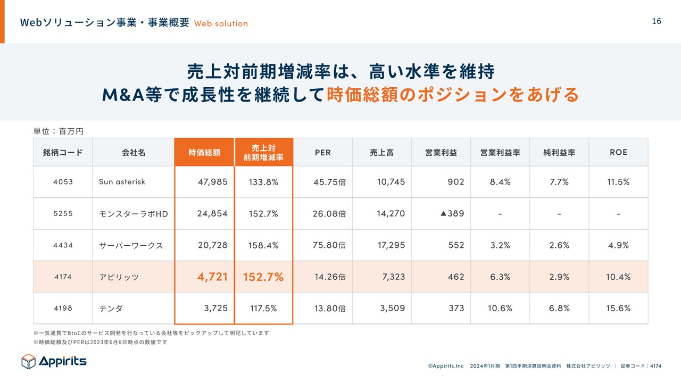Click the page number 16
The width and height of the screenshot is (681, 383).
coord(657,21)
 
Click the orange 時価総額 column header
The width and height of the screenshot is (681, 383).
coord(204,152)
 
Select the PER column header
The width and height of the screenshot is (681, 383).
coord(322,152)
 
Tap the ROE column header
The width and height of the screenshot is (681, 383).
coord(618,152)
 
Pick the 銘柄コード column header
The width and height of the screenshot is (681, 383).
coord(63,152)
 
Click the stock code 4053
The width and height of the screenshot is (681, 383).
coord(63,182)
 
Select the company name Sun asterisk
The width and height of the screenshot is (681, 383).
coord(122,182)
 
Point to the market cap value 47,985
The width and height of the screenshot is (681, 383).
coord(212,182)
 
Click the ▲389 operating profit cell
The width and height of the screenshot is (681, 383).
coord(452,213)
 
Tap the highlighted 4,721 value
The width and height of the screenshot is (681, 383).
coord(212,277)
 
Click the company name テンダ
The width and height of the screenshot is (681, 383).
coord(111,308)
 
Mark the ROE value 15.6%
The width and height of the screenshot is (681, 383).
coord(618,308)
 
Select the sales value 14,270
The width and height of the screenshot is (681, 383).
coord(391,213)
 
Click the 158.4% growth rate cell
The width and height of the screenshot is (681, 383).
coord(263,245)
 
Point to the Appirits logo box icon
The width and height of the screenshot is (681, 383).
coord(28,361)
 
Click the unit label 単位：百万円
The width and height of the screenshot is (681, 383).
coord(58,130)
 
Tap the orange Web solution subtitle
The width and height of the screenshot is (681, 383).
coord(221,23)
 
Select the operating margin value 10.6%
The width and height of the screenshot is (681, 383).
coord(500,308)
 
